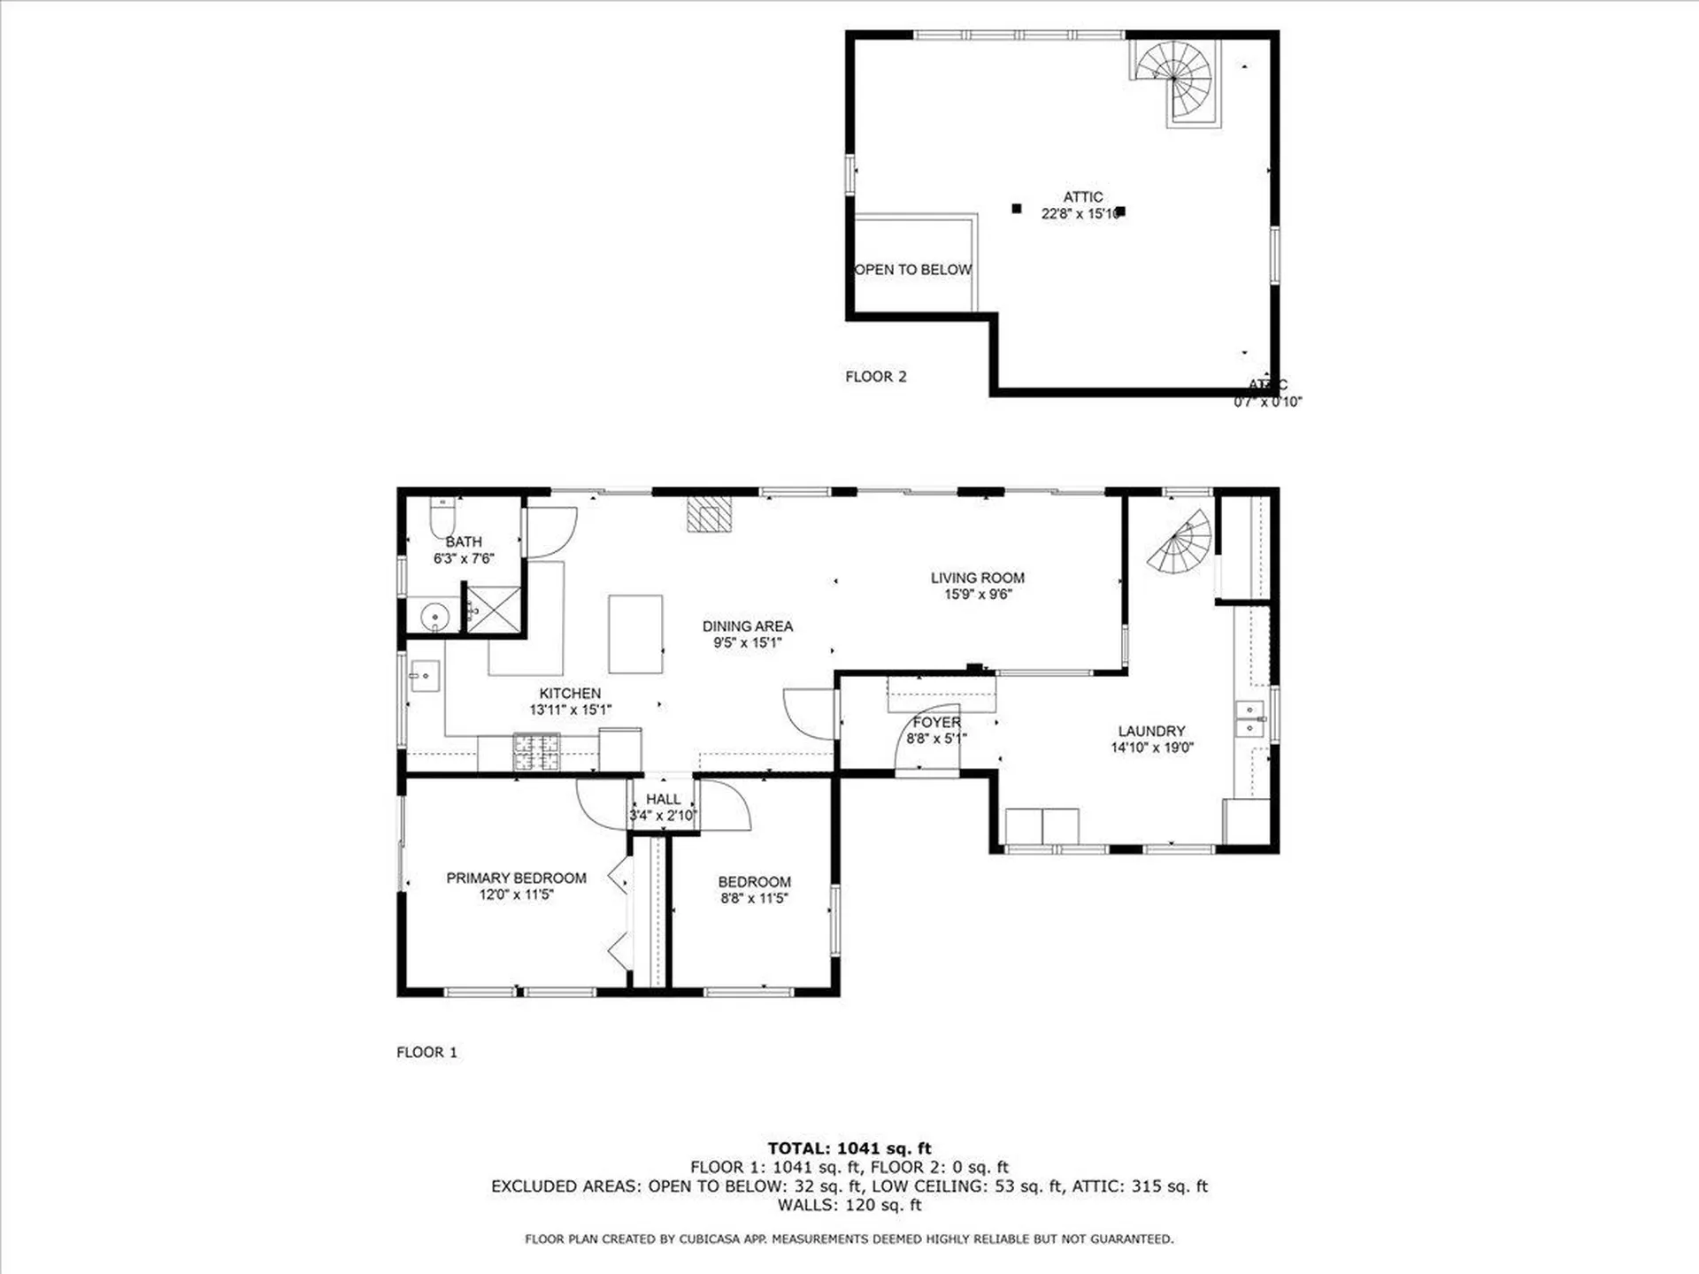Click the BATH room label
pyautogui.click(x=464, y=541)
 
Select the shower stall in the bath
pyautogui.click(x=494, y=609)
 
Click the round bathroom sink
pyautogui.click(x=434, y=615)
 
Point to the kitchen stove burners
pyautogui.click(x=537, y=751)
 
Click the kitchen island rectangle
pyautogui.click(x=635, y=634)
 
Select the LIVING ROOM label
pyautogui.click(x=977, y=578)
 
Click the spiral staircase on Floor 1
pyautogui.click(x=1180, y=542)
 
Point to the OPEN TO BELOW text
pyautogui.click(x=913, y=270)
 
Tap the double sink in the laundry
pyautogui.click(x=1249, y=718)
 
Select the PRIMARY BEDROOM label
pyautogui.click(x=516, y=878)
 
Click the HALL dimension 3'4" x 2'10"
pyautogui.click(x=663, y=816)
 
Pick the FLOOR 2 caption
pyautogui.click(x=875, y=377)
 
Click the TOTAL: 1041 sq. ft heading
pyautogui.click(x=849, y=1148)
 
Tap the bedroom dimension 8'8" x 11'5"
pyautogui.click(x=754, y=899)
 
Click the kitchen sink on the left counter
pyautogui.click(x=425, y=677)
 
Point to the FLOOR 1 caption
pyautogui.click(x=427, y=1052)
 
